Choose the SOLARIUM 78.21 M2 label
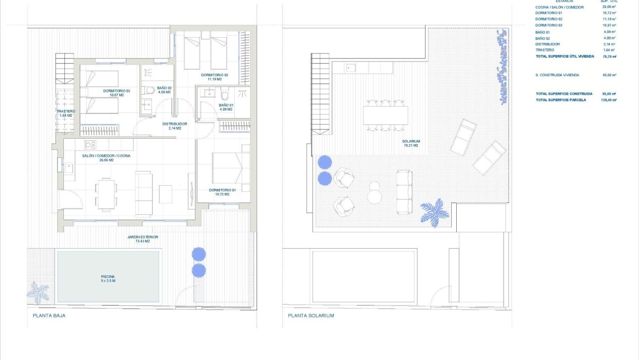click(x=411, y=143)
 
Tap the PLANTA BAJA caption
click(x=49, y=315)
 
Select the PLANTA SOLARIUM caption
click(x=311, y=315)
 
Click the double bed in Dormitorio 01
click(x=231, y=168)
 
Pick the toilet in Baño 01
click(x=225, y=94)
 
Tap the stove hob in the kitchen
click(x=90, y=145)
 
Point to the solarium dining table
click(x=385, y=115)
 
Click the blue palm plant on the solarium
click(x=435, y=212)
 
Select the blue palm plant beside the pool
click(x=38, y=292)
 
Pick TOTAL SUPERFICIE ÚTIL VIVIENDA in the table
click(x=565, y=56)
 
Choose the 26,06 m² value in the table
click(x=609, y=7)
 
